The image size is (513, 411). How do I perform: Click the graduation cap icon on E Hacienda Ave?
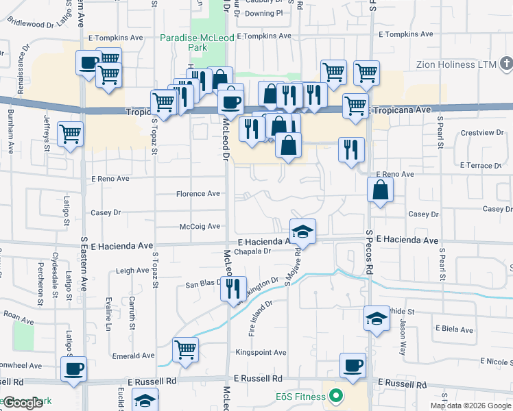[302, 232]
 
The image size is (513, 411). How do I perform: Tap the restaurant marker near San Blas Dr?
[234, 288]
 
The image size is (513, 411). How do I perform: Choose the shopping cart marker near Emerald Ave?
[185, 350]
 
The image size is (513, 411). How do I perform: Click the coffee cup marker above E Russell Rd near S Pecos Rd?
[353, 366]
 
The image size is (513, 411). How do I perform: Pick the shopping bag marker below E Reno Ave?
[380, 190]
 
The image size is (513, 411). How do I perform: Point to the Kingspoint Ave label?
[261, 353]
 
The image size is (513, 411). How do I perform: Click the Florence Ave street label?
[198, 194]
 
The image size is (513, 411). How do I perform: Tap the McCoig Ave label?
[200, 226]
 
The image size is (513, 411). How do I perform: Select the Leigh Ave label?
[132, 271]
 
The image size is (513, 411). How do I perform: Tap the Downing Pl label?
[263, 13]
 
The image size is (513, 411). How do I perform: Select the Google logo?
[22, 403]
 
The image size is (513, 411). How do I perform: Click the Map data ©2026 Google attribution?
[470, 406]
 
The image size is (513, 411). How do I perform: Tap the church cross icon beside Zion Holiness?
[506, 64]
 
